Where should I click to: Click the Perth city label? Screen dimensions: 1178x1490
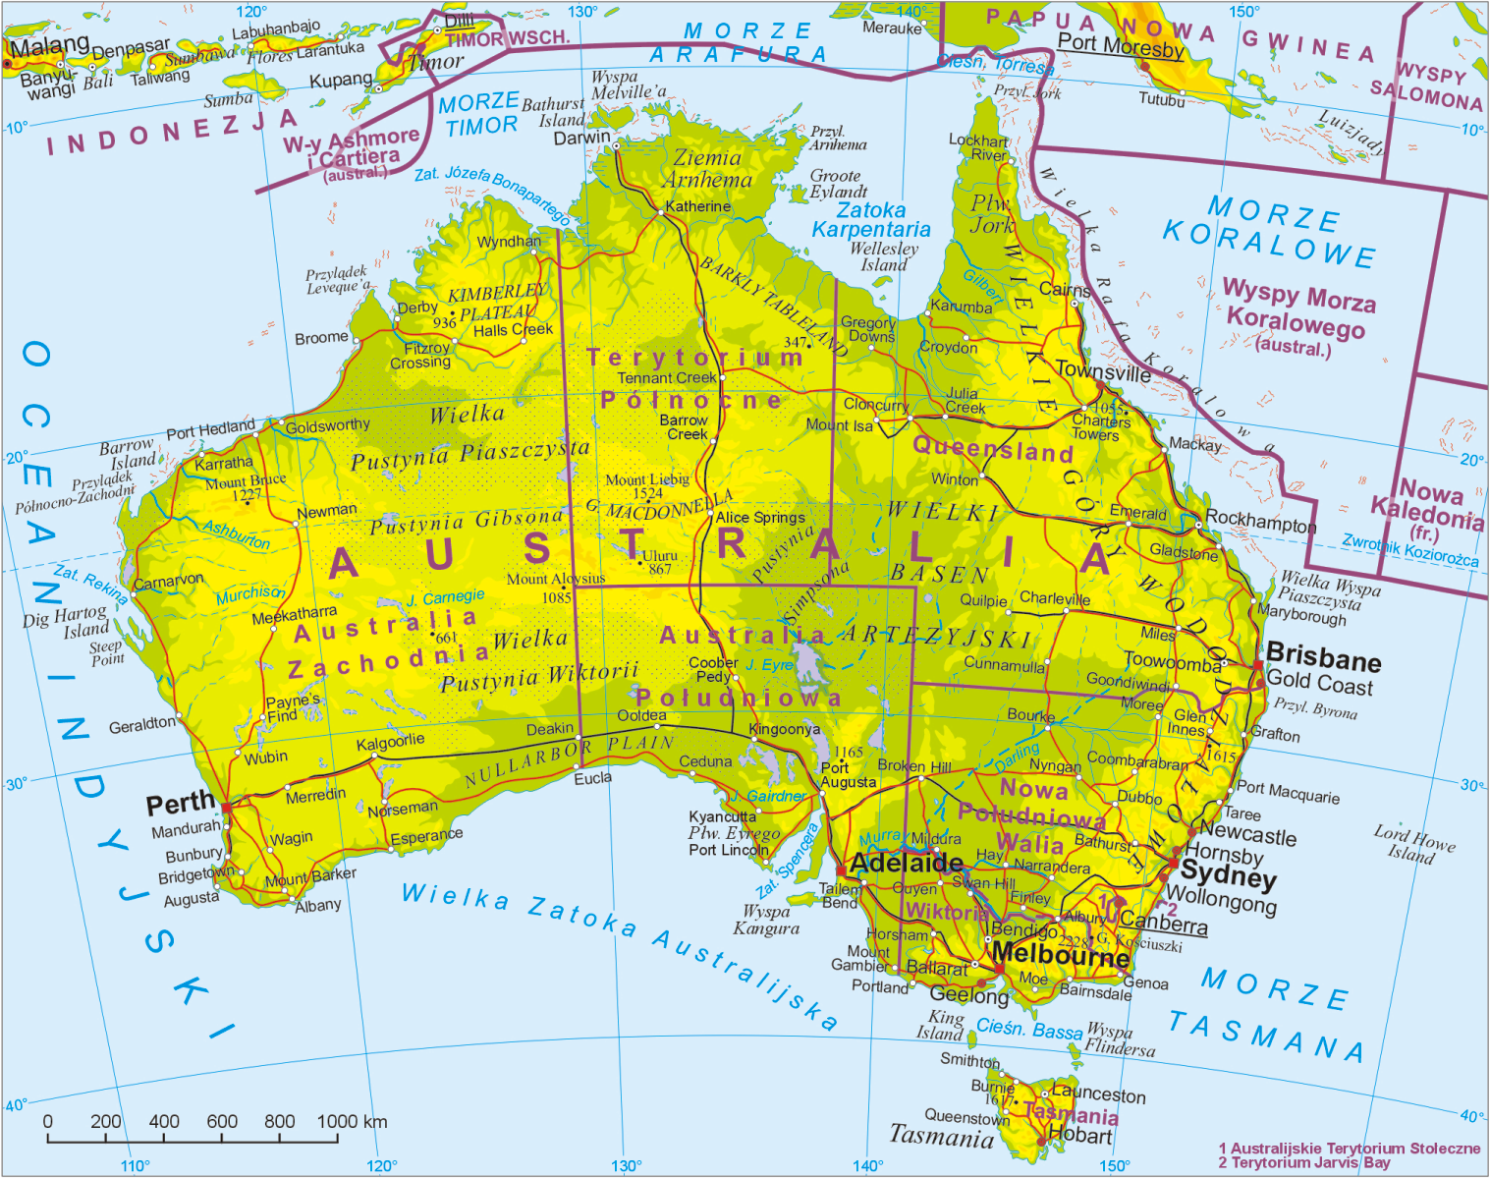tap(180, 804)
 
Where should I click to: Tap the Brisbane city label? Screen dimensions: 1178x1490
tap(1323, 655)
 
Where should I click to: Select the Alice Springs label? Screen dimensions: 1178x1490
tap(759, 517)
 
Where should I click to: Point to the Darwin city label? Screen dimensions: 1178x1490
tap(581, 138)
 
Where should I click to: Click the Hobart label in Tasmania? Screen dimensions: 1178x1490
tap(1079, 1136)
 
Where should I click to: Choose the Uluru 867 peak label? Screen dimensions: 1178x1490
tap(659, 562)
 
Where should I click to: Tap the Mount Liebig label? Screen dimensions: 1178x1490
tap(646, 479)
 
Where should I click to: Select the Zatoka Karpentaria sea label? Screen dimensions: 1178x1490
tap(870, 220)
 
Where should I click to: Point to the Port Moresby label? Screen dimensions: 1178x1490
tap(1121, 44)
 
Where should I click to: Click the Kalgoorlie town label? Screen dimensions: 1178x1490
tap(390, 742)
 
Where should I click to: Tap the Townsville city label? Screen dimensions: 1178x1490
tap(1102, 372)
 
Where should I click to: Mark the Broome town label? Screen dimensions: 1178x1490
tap(321, 338)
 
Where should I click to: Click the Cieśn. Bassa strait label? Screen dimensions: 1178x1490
tap(1028, 1030)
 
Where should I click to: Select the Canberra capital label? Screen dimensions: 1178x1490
tap(1163, 923)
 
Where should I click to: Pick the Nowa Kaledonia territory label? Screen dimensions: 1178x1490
tap(1426, 499)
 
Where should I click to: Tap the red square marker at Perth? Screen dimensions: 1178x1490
tap(227, 808)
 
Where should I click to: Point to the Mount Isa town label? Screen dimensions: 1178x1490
tap(839, 425)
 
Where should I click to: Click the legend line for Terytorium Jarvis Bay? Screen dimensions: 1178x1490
tap(1303, 1163)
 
